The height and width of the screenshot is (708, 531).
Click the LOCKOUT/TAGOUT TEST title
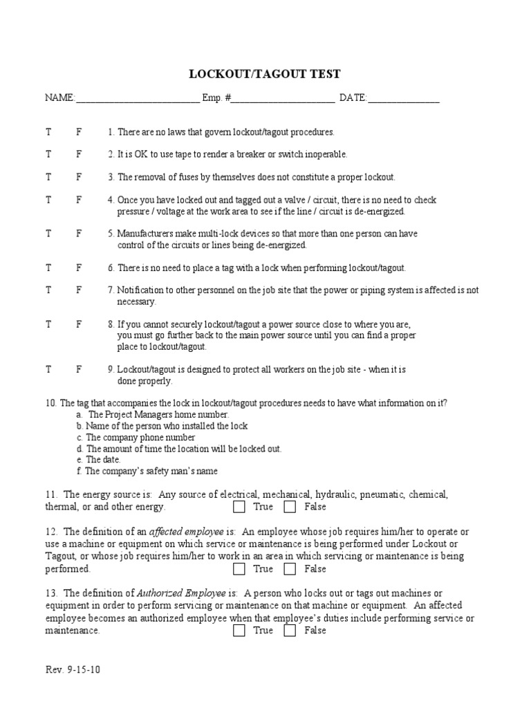pos(265,75)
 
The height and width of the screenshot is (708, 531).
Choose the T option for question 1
pos(48,131)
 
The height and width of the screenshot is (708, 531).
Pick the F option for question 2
pos(79,154)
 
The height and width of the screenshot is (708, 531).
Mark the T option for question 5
pos(48,234)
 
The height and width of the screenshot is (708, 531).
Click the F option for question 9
pos(79,369)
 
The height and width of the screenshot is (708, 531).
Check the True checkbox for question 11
pos(239,507)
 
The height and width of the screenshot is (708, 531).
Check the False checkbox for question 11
pos(290,507)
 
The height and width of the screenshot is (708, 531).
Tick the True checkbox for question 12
pos(239,569)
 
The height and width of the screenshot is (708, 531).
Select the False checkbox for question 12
pos(290,569)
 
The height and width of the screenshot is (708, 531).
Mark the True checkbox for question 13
pos(239,631)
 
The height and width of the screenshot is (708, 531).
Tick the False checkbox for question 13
pos(290,631)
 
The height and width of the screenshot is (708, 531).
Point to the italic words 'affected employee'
pos(175,532)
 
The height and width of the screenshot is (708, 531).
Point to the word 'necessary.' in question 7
pos(136,301)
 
